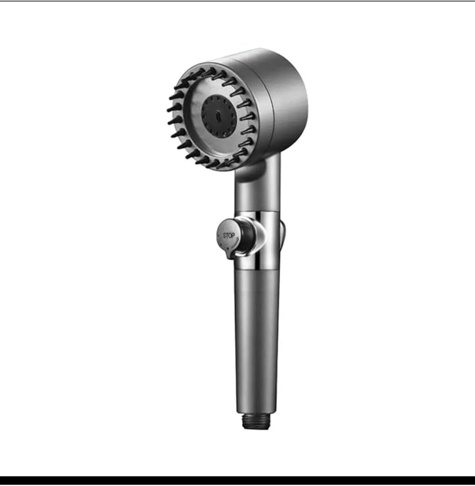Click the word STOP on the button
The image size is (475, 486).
(229, 236)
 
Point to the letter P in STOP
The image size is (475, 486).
(233, 236)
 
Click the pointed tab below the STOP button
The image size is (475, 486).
(230, 254)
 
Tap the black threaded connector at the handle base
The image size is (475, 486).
(256, 421)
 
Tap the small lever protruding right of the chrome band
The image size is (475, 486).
(283, 235)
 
